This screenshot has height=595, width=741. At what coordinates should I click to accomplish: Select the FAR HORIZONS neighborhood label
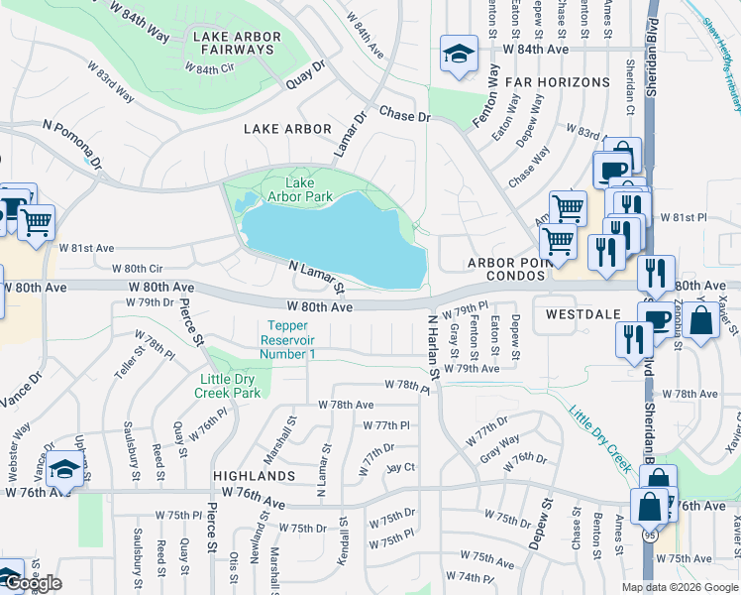pyautogui.click(x=558, y=81)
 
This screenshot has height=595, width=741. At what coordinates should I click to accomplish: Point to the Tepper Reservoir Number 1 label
pyautogui.click(x=287, y=340)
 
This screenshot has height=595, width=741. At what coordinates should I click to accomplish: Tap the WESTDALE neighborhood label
pyautogui.click(x=582, y=313)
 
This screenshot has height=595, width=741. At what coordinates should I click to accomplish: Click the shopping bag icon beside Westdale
pyautogui.click(x=700, y=320)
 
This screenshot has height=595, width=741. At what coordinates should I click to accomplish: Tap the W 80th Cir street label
pyautogui.click(x=137, y=269)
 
